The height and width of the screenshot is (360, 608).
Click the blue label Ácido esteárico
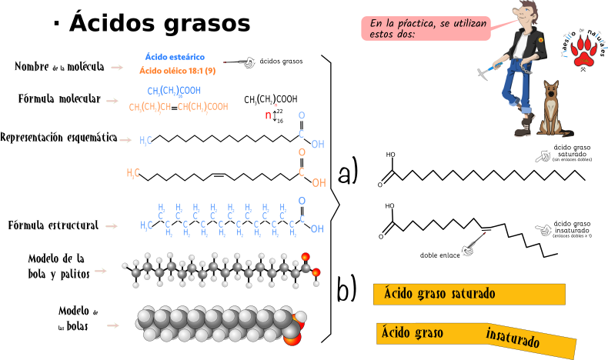(175, 57)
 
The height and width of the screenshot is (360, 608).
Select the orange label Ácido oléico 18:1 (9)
(177, 71)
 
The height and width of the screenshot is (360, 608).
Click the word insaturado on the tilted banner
(513, 338)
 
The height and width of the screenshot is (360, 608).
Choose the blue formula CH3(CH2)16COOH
(174, 91)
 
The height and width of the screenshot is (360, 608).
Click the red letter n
(268, 116)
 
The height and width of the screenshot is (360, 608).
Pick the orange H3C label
(133, 174)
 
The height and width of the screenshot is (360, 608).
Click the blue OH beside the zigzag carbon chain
(317, 229)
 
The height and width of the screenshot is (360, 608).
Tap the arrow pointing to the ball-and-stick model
(100, 271)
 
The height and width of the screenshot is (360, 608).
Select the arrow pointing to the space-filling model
(112, 325)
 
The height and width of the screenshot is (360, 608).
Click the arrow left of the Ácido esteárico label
(117, 68)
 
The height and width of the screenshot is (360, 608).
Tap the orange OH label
(319, 183)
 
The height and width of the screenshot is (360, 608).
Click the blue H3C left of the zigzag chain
(145, 226)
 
